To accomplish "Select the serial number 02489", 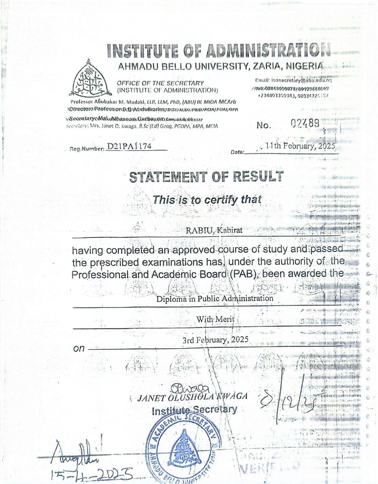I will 305,123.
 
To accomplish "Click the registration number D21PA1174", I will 129,146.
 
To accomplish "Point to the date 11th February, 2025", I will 300,146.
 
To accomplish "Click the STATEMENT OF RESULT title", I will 206,177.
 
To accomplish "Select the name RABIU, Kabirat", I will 214,230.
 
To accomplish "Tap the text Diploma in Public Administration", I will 215,298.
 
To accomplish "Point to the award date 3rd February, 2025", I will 215,340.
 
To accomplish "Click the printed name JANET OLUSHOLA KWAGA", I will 193,397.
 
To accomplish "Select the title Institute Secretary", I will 194,410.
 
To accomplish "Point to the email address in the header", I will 293,80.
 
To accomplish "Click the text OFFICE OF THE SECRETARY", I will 160,83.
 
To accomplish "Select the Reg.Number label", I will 87,149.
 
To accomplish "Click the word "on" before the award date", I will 79,348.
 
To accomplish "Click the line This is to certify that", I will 207,199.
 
